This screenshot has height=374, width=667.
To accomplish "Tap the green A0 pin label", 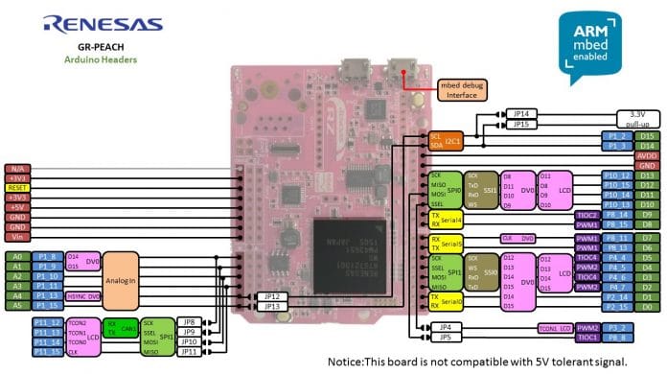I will click(x=16, y=257).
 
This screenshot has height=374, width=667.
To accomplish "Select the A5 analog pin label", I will click(x=16, y=305).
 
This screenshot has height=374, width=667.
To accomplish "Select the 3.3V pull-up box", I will click(x=636, y=118).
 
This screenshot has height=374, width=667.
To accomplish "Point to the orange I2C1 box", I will click(x=447, y=141).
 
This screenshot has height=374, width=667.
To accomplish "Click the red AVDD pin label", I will click(x=647, y=155).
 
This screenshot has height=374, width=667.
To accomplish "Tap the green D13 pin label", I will click(x=647, y=175).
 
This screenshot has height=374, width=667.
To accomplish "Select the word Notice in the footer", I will click(x=348, y=362).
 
